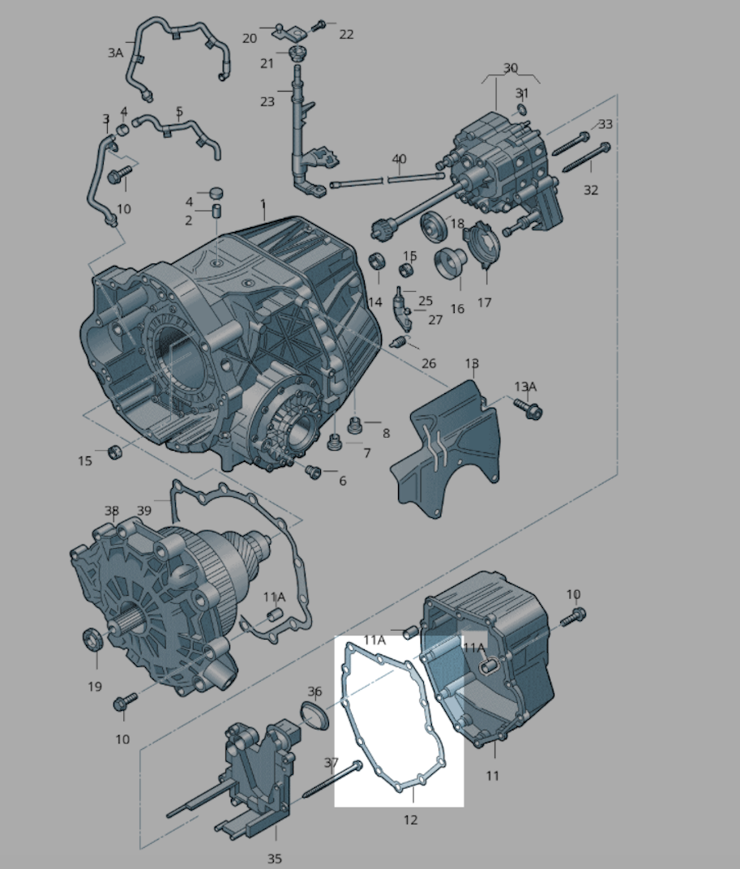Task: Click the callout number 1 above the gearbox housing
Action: click(263, 204)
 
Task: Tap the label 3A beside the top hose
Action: click(115, 53)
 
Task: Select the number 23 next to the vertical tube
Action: click(267, 102)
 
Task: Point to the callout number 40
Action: click(399, 159)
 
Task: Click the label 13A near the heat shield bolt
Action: click(525, 387)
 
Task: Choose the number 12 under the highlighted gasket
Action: click(410, 820)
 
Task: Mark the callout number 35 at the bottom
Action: click(275, 858)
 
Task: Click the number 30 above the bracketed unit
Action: click(511, 68)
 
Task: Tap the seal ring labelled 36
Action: click(315, 716)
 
